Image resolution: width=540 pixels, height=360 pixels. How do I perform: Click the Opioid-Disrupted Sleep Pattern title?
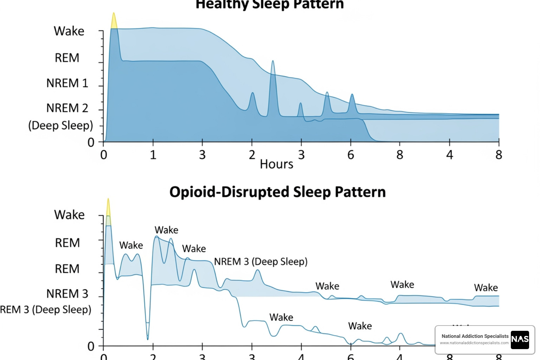click(277, 192)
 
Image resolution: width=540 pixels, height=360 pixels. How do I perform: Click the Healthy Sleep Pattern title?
click(270, 5)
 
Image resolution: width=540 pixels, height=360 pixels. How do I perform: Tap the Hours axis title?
click(276, 164)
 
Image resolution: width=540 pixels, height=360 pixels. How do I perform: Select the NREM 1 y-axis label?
click(67, 83)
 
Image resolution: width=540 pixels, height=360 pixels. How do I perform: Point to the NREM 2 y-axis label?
click(67, 108)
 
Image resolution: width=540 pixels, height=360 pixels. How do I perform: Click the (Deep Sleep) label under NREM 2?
click(60, 125)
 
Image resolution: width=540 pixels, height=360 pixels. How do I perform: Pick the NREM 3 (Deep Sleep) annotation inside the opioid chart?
click(261, 262)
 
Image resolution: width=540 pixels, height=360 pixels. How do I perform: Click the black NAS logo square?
click(520, 340)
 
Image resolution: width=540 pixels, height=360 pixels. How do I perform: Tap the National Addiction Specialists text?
click(475, 336)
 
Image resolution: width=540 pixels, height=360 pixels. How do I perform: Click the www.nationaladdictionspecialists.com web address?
click(474, 343)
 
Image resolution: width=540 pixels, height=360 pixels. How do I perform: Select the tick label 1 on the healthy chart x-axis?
click(153, 155)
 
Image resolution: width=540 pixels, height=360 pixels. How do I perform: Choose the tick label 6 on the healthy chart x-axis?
click(351, 155)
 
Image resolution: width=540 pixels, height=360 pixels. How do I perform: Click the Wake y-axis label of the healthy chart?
click(69, 31)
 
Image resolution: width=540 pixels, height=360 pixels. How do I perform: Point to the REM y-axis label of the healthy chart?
click(67, 58)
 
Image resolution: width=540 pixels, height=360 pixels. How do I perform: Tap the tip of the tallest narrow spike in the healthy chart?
click(272, 62)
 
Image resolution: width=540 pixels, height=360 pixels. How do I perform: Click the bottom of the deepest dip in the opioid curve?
click(148, 339)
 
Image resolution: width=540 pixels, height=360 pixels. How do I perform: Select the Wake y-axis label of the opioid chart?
click(69, 215)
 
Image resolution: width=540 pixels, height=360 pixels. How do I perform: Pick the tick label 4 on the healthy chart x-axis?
click(449, 155)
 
